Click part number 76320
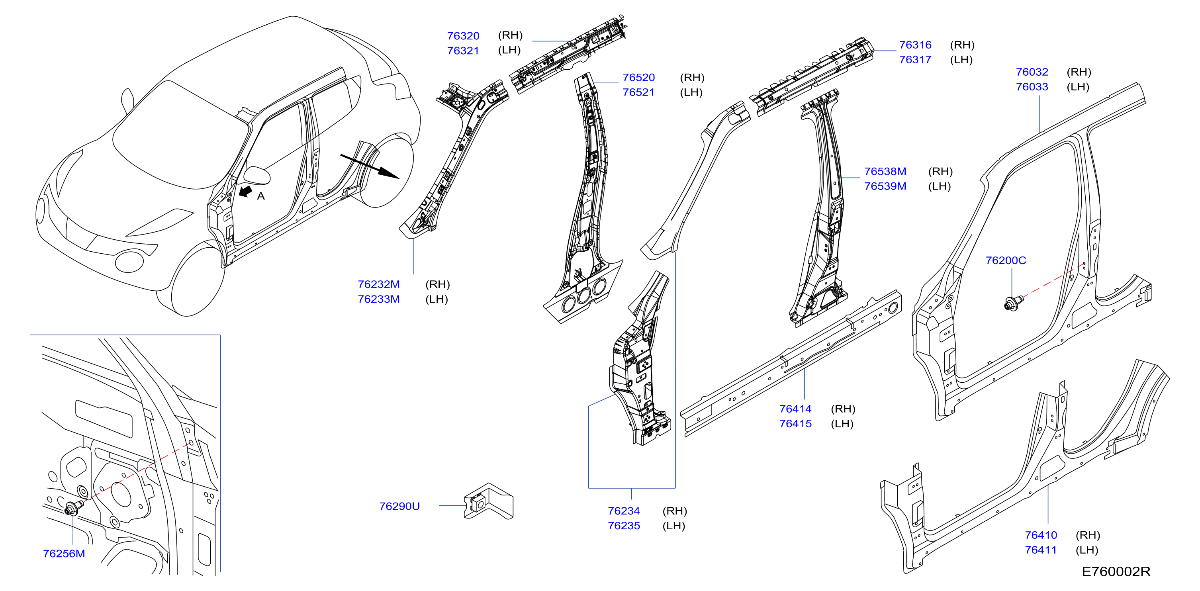[463, 36]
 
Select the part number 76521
[639, 92]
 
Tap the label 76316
[915, 45]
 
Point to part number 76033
[1032, 87]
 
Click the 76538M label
[885, 171]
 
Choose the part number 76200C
[1006, 260]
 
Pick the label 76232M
[379, 284]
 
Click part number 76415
[796, 424]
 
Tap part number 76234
[624, 511]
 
